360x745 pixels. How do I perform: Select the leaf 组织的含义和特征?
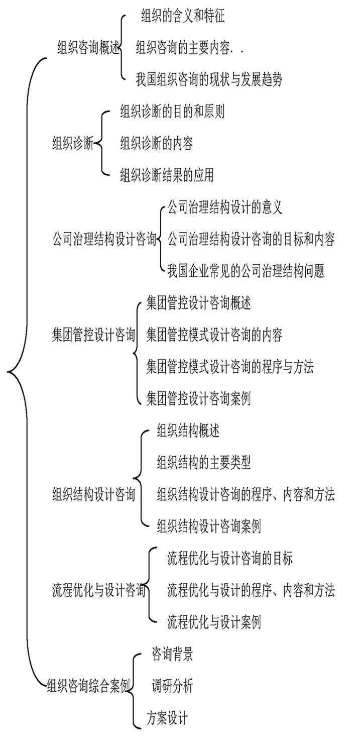(183, 16)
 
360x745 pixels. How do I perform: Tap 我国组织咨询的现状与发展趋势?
(209, 80)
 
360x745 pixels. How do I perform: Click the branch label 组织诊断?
(73, 144)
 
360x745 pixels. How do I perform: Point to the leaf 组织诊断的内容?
(156, 143)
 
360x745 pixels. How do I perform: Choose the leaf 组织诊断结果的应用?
(167, 175)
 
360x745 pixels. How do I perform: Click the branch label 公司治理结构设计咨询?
(104, 239)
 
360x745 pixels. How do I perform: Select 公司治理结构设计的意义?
(225, 207)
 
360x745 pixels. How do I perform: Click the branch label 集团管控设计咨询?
(93, 335)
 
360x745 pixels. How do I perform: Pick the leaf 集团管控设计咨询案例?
(198, 398)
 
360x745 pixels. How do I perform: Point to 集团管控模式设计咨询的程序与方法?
(229, 367)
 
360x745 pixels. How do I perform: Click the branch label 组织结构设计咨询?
(93, 494)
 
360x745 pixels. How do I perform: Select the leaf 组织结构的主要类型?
(203, 462)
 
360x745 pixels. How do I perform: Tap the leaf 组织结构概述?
(188, 431)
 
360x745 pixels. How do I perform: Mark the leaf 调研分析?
(172, 686)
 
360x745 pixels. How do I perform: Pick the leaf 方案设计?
(167, 718)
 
